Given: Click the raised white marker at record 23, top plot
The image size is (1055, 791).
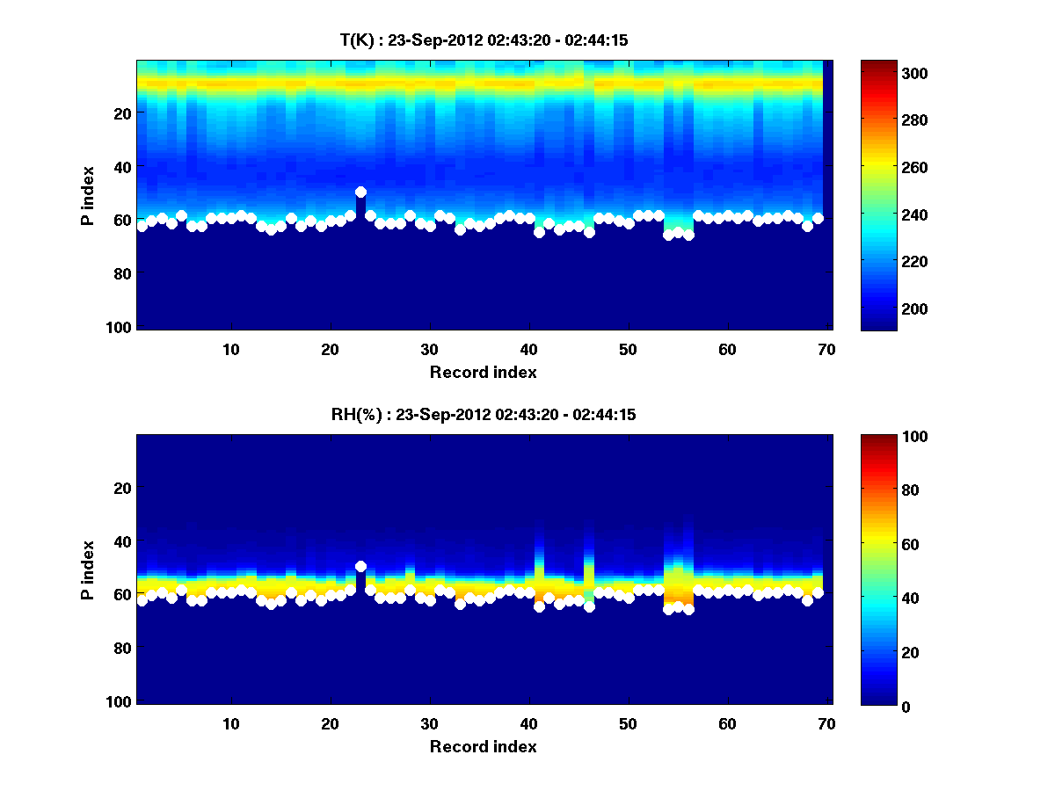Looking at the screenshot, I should (360, 192).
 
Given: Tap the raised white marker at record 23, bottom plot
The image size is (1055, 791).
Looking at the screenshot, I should (360, 566).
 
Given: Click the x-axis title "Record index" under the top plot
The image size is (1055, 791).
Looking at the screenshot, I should (483, 372).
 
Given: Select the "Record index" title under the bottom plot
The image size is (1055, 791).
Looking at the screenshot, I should (483, 746).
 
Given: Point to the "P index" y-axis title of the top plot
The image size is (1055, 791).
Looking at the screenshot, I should (87, 195).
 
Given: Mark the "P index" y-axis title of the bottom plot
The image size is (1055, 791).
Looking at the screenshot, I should (87, 570).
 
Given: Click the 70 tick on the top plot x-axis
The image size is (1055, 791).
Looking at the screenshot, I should (826, 349).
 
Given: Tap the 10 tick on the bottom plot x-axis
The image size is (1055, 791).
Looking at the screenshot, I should (231, 723).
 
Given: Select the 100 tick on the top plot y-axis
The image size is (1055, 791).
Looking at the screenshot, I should (120, 327).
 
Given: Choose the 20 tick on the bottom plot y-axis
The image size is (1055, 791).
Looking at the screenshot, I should (124, 488).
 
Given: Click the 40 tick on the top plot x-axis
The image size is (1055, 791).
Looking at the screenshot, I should (528, 349).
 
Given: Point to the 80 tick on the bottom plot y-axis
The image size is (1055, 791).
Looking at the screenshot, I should (124, 649).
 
